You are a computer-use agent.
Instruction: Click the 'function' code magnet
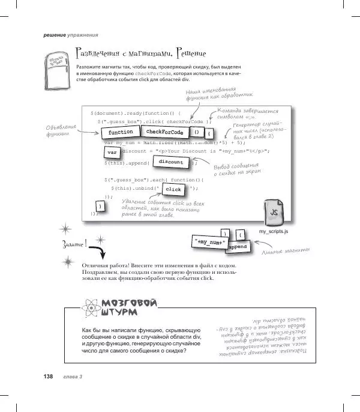121,132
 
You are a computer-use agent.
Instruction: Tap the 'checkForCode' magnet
164,132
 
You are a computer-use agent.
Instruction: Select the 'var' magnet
111,153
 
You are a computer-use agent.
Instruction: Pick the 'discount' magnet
170,162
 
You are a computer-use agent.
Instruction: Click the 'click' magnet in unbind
173,189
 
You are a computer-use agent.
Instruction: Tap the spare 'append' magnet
238,247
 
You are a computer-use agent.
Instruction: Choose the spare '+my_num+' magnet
210,241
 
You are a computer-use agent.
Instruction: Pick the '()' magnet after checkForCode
196,132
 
